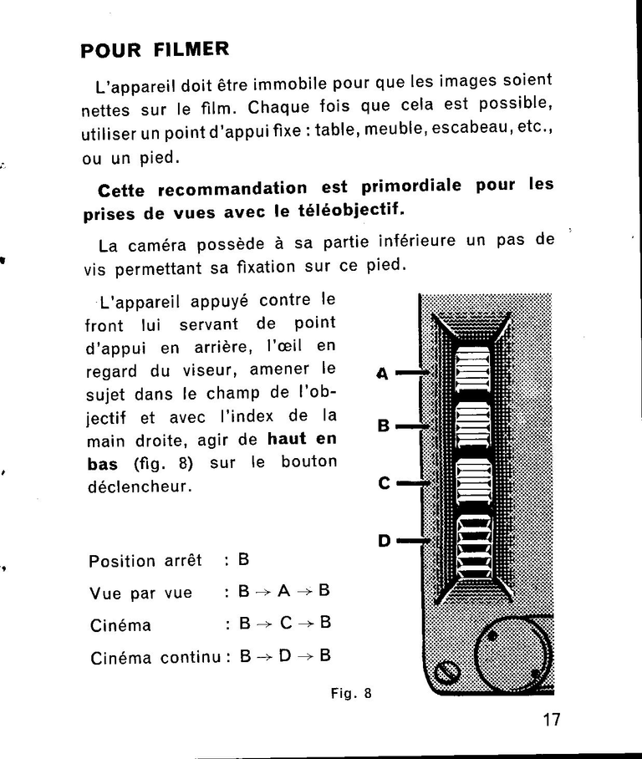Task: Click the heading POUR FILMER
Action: [x=155, y=49]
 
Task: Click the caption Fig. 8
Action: [x=350, y=693]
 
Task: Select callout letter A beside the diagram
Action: [x=383, y=374]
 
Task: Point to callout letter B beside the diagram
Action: [x=384, y=426]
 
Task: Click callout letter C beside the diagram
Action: [x=384, y=484]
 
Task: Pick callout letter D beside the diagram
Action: [x=384, y=541]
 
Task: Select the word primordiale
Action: [x=410, y=186]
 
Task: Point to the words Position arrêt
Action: [x=145, y=561]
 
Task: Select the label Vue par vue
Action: [x=140, y=593]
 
